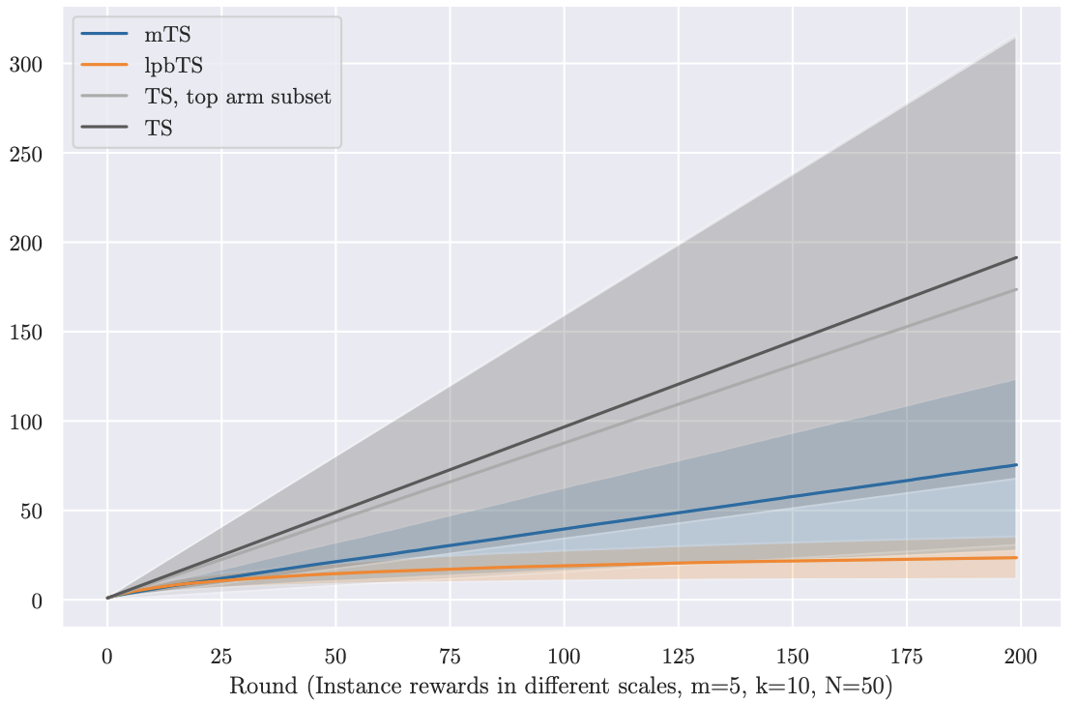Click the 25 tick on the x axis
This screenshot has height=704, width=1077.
click(221, 657)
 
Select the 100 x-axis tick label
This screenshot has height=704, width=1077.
click(564, 657)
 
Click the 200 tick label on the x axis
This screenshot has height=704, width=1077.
click(1020, 657)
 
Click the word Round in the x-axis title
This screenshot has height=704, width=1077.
click(260, 686)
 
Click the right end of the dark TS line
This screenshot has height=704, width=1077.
click(1016, 257)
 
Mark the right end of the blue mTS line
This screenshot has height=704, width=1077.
click(1016, 465)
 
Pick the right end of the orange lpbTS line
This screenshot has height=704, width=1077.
click(1016, 557)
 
